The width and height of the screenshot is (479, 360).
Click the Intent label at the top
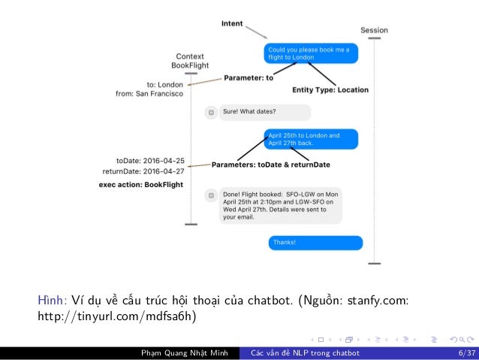(232, 23)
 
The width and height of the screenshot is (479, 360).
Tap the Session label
(374, 31)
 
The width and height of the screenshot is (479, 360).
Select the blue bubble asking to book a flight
(310, 53)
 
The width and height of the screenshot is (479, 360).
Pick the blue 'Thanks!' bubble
(315, 243)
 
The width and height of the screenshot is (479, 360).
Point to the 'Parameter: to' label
(249, 77)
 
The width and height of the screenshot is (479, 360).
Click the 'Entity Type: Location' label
(330, 89)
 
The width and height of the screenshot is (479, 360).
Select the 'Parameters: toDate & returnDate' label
(271, 164)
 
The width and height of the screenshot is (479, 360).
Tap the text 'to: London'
(165, 85)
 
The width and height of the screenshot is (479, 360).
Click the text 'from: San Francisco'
(149, 94)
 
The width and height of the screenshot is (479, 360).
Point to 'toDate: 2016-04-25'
(150, 161)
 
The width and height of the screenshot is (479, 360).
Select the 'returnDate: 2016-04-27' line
(143, 171)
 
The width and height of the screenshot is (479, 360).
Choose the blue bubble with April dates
(310, 139)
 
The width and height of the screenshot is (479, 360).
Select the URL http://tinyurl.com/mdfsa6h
(116, 316)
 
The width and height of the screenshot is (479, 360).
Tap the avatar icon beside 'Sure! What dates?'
(212, 112)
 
